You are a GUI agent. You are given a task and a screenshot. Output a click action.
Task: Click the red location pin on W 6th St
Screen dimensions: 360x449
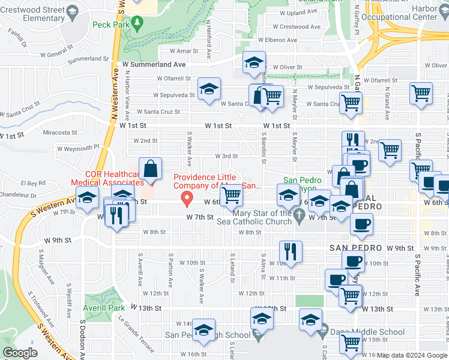pyautogui.click(x=187, y=197)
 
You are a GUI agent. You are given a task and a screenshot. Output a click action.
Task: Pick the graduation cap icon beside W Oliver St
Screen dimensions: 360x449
pyautogui.click(x=255, y=62)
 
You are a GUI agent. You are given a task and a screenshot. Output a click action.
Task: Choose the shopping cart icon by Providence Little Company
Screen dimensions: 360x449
pyautogui.click(x=231, y=195)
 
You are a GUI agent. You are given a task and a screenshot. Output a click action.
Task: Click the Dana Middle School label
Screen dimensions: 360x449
pyautogui.click(x=358, y=331)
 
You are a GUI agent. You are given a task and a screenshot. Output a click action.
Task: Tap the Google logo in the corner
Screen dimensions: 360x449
pyautogui.click(x=20, y=353)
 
